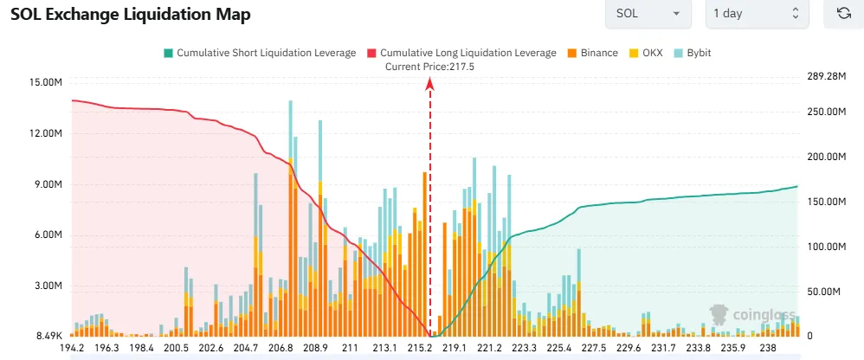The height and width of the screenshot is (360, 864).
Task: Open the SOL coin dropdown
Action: (x=648, y=14)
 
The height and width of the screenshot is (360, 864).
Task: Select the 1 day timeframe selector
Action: (x=757, y=14)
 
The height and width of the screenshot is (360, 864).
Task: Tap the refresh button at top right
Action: (x=842, y=14)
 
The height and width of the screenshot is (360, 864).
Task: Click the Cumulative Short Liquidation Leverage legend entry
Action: (x=260, y=53)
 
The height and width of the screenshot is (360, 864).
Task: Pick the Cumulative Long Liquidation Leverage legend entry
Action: (x=461, y=53)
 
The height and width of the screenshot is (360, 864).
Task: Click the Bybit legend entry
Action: (x=693, y=53)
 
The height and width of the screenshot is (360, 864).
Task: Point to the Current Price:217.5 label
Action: (x=429, y=66)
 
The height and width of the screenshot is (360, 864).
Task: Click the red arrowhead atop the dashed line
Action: (x=430, y=83)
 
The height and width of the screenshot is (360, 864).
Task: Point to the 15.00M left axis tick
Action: (x=45, y=82)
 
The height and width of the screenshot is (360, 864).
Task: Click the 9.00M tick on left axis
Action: (x=48, y=184)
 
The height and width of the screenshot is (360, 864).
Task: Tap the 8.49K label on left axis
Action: (x=48, y=337)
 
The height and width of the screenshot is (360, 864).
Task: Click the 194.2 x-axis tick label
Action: (x=72, y=348)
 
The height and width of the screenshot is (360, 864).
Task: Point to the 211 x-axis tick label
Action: (x=350, y=348)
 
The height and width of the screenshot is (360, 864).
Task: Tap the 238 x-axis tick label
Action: (x=769, y=348)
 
